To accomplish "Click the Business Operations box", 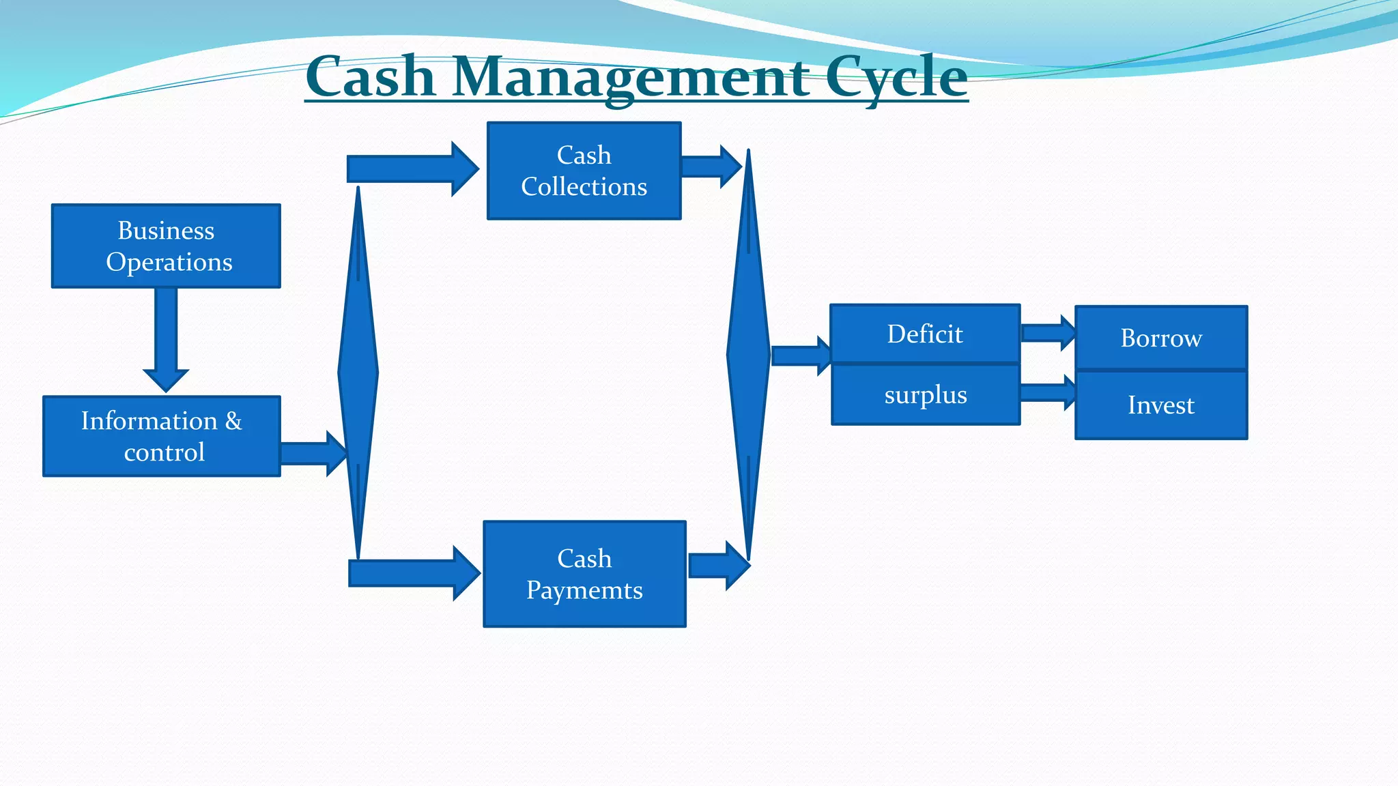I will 166,246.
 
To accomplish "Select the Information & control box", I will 162,436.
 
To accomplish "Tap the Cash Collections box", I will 584,171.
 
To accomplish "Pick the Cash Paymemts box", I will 584,574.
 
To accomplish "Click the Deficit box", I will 925,334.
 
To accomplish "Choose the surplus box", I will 925,395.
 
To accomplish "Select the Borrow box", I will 1160,338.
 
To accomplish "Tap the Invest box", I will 1160,405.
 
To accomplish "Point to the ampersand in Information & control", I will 233,421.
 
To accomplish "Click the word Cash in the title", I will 371,77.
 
